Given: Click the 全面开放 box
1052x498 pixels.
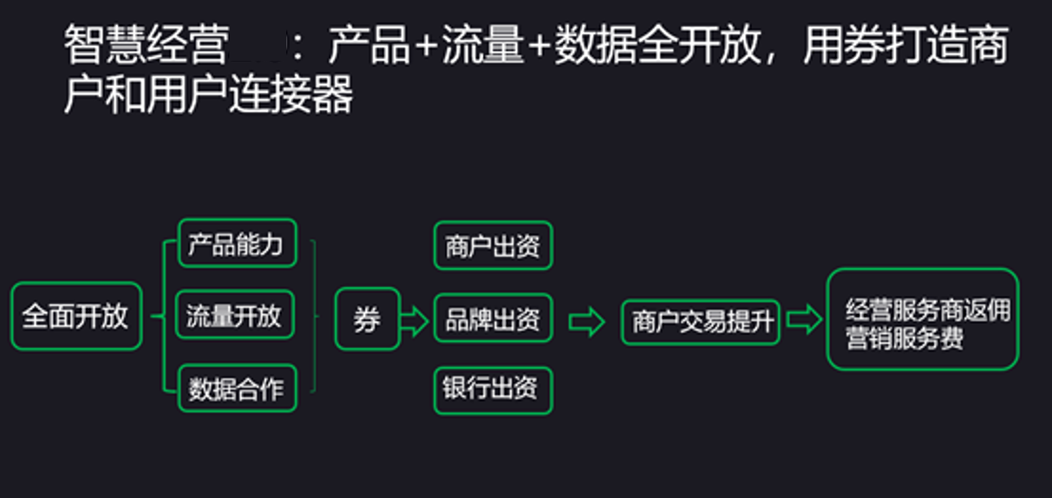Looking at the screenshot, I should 75,317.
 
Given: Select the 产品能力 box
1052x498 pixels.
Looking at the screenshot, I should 236,244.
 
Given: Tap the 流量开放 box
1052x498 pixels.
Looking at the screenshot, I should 234,316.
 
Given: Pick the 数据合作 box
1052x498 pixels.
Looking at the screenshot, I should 236,389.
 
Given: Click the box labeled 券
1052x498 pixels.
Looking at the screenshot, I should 367,319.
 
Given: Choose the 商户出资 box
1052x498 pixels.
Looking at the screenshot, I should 493,246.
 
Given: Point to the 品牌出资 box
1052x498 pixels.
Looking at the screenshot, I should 493,320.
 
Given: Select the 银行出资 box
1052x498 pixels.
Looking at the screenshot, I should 492,390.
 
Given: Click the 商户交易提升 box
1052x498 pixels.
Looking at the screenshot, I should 702,322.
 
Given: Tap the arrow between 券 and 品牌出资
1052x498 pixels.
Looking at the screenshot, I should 415,321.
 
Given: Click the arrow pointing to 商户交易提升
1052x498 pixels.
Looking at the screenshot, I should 586,322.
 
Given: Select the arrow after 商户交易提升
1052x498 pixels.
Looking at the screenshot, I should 803,320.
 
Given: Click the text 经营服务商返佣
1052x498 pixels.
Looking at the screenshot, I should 928,310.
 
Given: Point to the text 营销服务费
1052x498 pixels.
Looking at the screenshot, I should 905,337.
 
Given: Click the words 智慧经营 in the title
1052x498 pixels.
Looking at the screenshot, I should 147,46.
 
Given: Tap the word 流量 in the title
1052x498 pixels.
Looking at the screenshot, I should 482,46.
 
